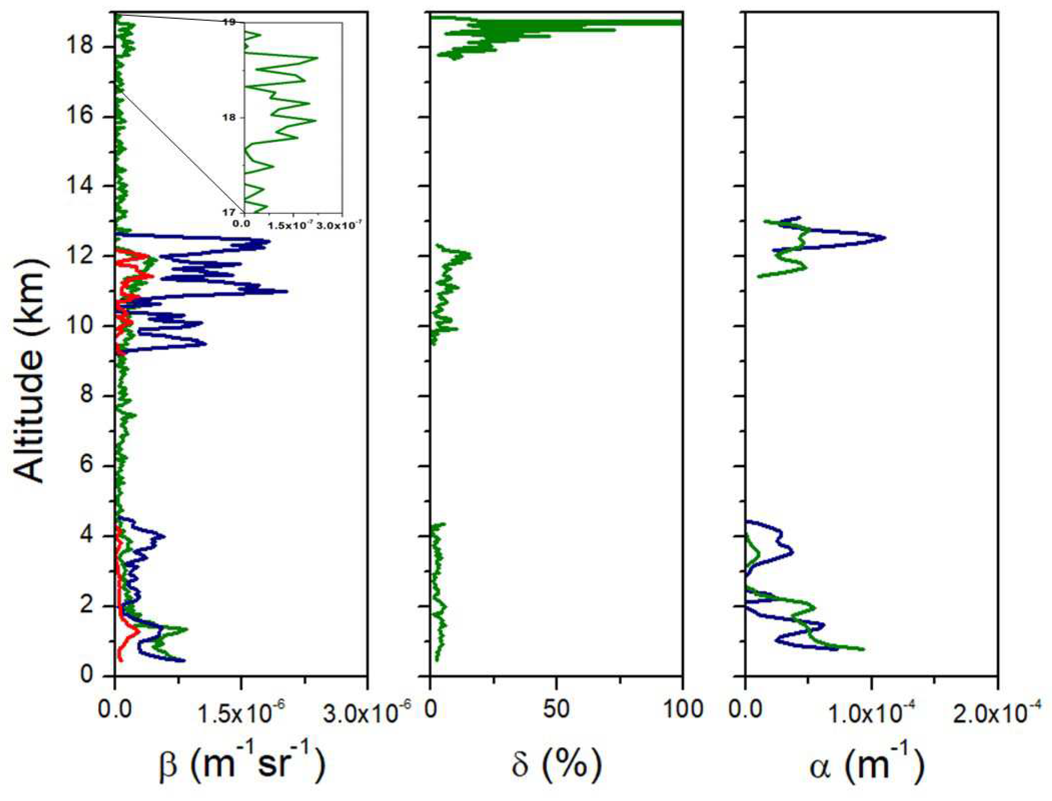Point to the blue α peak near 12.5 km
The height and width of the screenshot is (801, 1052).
(884, 237)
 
